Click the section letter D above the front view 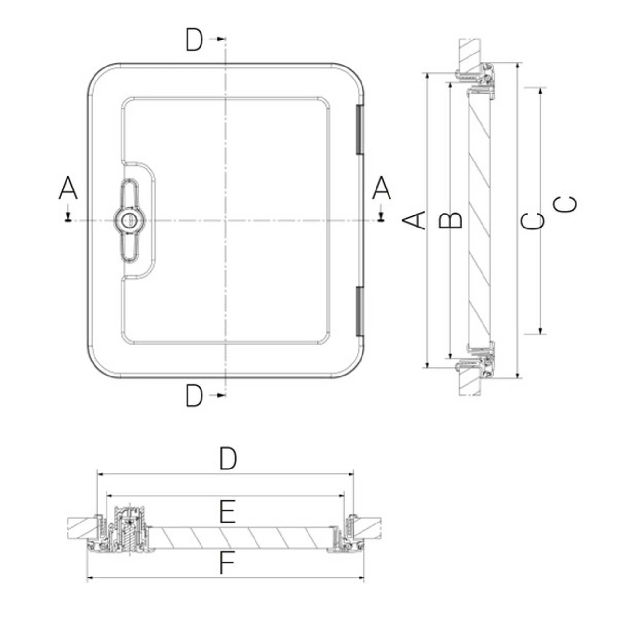(194, 40)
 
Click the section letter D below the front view (194, 396)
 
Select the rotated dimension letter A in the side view (414, 220)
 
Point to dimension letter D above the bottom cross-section (228, 458)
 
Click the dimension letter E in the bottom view (227, 512)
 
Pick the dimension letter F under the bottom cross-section (227, 563)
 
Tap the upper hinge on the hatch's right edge (360, 130)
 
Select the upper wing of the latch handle (129, 195)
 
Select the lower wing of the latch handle (129, 245)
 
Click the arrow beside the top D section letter (220, 39)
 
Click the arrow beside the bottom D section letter (220, 395)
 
